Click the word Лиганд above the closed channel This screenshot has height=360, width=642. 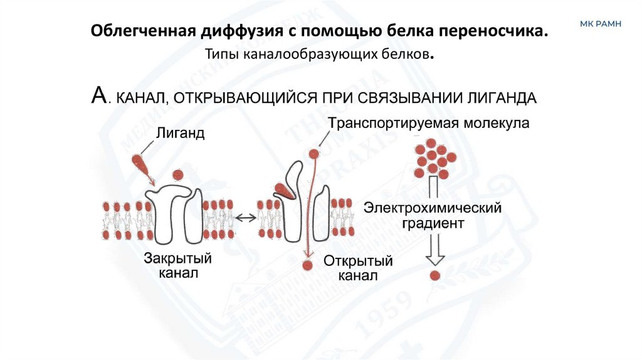coord(180,134)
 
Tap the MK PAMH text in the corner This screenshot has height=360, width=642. coord(600,23)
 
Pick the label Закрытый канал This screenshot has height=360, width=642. coord(177,266)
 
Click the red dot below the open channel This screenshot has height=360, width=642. coord(307,265)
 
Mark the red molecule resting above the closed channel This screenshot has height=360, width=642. coord(177,174)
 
